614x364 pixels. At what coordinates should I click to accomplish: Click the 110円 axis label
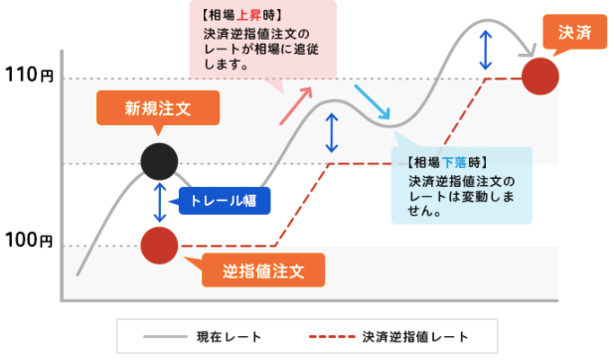(30, 76)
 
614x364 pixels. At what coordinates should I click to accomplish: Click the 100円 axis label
(30, 241)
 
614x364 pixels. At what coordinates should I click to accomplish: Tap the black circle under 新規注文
(159, 158)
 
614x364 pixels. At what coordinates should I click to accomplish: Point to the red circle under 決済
(539, 75)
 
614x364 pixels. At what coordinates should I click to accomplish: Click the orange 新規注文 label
(156, 108)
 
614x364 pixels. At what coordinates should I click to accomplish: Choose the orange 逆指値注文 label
(262, 269)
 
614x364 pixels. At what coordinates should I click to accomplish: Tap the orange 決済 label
(569, 33)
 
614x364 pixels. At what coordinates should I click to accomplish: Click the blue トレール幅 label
(225, 201)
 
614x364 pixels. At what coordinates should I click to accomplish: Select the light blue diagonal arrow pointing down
(373, 103)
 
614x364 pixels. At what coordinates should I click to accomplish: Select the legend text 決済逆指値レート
(415, 336)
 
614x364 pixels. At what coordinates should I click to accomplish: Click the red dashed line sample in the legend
(331, 336)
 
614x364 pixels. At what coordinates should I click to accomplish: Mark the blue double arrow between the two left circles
(159, 201)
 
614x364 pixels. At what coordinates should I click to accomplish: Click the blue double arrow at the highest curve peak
(484, 46)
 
